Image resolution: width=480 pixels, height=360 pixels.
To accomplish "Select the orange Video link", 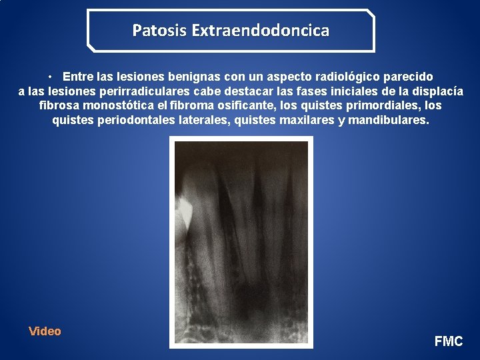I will [x=45, y=331].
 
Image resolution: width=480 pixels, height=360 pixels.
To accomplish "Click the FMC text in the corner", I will [x=449, y=341].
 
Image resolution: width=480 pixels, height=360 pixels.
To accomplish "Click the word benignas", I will [x=185, y=77].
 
